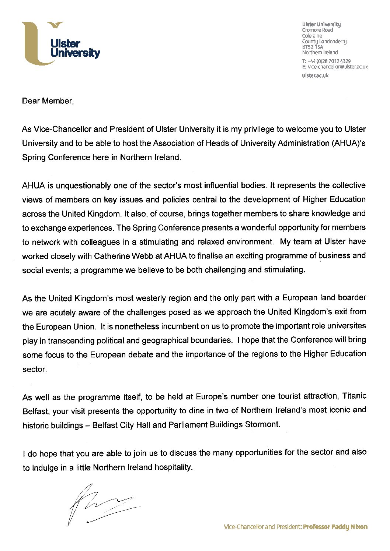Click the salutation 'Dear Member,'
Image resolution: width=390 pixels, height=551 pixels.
coord(48,101)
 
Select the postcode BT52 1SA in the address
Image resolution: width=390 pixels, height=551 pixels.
coord(312,47)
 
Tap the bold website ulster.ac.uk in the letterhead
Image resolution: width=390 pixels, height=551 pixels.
coord(315,75)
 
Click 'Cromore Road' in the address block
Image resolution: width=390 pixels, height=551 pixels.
coord(317,30)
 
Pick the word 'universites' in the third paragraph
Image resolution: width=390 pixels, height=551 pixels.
coord(348,326)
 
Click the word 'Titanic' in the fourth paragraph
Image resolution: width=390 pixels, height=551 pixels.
coord(354,396)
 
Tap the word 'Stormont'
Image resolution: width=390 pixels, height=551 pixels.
coord(262,424)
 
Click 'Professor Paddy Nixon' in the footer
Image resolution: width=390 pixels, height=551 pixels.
coord(335,527)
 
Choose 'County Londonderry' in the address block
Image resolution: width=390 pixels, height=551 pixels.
coord(324,41)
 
